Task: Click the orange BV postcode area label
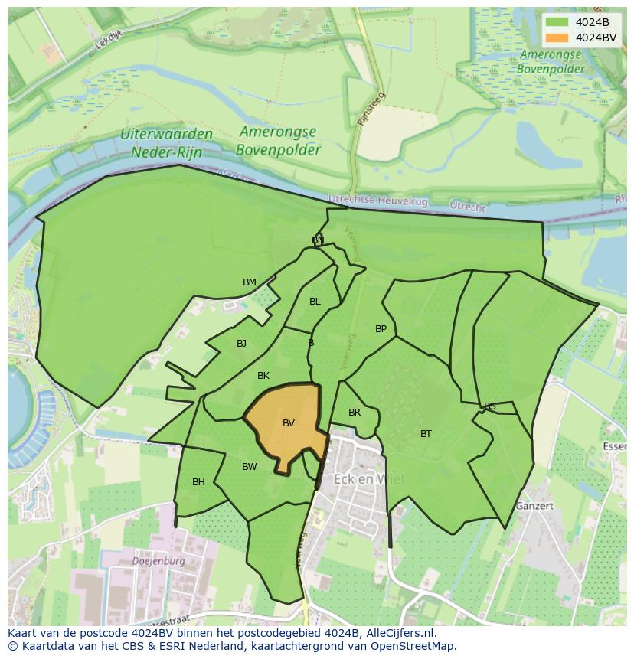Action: (x=289, y=423)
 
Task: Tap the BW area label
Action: (x=250, y=467)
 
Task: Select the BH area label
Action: (x=198, y=482)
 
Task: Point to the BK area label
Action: (x=263, y=376)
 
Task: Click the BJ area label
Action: (x=241, y=344)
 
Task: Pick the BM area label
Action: (x=250, y=282)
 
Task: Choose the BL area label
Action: (x=315, y=302)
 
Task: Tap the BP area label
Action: (x=381, y=329)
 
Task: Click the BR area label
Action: (x=355, y=413)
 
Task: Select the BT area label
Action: (x=426, y=434)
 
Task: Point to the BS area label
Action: (x=490, y=406)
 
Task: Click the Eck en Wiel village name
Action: (x=368, y=480)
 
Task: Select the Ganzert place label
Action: (x=534, y=506)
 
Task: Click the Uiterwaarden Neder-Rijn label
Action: (x=166, y=143)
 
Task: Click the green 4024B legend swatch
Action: (x=558, y=22)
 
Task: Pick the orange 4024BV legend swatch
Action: (x=558, y=38)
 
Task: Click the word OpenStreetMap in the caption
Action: (x=414, y=646)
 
